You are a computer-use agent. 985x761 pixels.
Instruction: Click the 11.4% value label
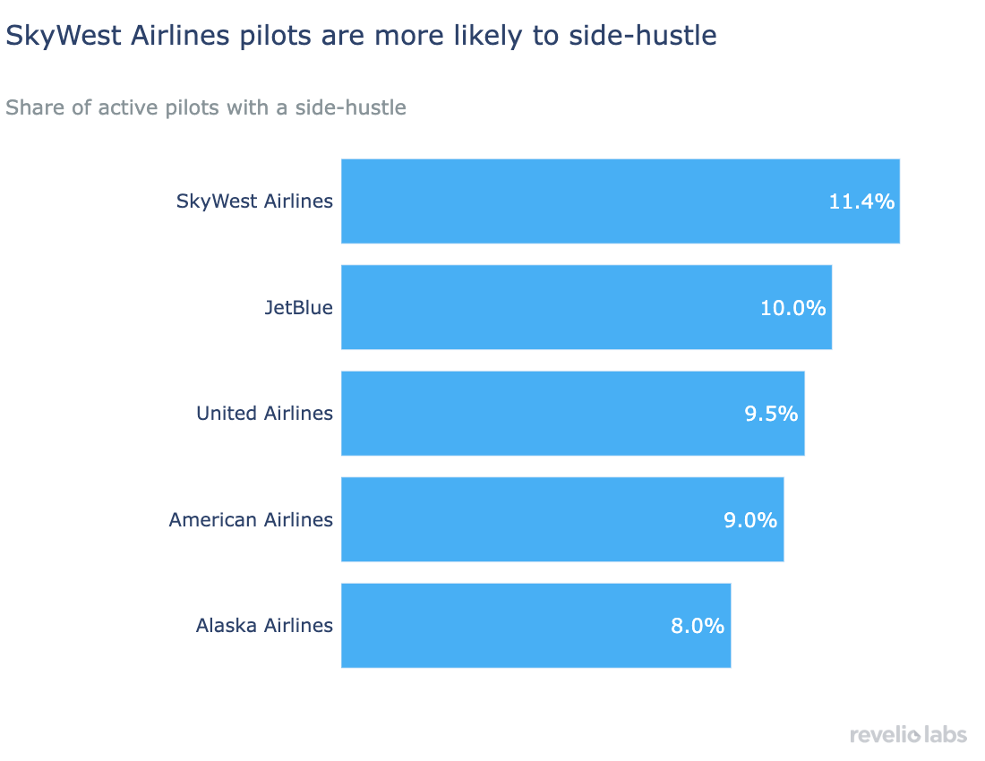click(861, 201)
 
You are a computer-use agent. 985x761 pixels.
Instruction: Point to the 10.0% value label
click(792, 308)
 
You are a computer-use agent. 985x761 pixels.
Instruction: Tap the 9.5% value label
click(771, 414)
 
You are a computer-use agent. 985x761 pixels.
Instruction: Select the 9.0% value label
click(750, 520)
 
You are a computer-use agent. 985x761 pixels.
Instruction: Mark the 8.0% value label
click(697, 626)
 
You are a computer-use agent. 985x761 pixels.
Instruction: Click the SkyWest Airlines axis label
click(254, 201)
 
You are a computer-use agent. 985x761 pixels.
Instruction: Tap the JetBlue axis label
click(298, 307)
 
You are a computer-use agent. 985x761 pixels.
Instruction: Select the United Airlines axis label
click(264, 413)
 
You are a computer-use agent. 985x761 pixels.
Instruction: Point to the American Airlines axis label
click(251, 519)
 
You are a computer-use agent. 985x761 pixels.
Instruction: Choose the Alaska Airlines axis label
click(264, 625)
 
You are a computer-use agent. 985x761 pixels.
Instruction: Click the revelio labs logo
click(908, 734)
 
